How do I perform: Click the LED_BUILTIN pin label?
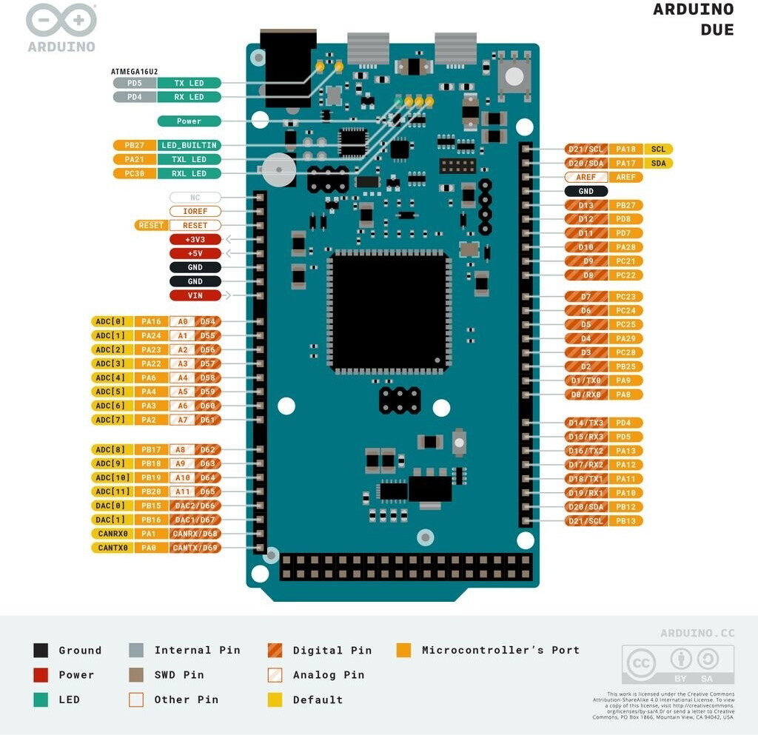point(189,145)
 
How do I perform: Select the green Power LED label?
point(189,121)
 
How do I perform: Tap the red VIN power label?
point(195,295)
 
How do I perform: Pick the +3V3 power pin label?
point(195,239)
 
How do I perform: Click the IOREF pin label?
point(195,211)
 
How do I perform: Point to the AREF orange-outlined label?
point(586,177)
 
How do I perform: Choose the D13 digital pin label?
point(586,205)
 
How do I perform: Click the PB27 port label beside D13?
point(625,205)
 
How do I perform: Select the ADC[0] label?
point(113,321)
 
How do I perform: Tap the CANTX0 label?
point(113,548)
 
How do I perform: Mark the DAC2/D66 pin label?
point(195,506)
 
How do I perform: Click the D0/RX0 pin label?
point(585,395)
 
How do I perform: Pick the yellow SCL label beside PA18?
point(658,150)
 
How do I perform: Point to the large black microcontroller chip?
point(389,311)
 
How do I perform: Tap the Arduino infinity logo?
point(61,21)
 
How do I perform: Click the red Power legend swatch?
point(41,675)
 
